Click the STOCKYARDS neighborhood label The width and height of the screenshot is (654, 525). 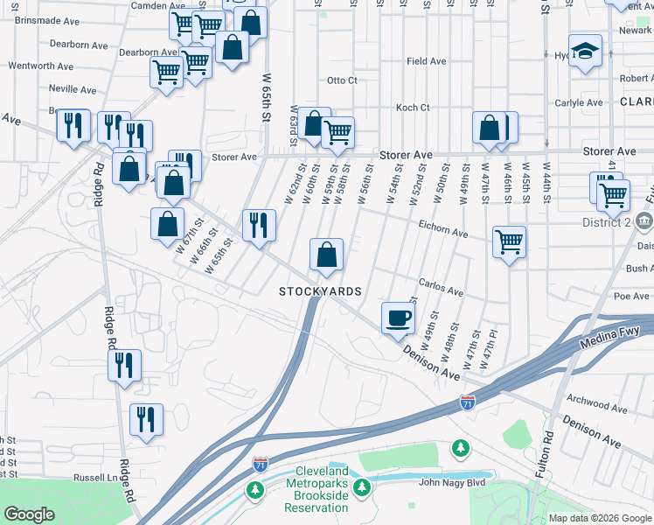(320, 290)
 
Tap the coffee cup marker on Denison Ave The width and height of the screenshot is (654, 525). (398, 316)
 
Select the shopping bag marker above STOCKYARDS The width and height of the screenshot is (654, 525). (326, 255)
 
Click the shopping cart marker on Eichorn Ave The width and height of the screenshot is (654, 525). (509, 241)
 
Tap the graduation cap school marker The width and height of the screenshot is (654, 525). (585, 50)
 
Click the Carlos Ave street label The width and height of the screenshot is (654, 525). (441, 283)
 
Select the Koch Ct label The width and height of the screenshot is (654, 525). (413, 108)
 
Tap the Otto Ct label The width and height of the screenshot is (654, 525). (342, 80)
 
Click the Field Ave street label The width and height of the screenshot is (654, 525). (427, 61)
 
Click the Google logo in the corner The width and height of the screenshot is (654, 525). (29, 514)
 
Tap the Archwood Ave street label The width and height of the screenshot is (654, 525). (597, 408)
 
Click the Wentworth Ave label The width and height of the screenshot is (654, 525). (41, 66)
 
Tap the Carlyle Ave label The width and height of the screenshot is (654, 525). (579, 102)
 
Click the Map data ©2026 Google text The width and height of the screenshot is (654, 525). (599, 518)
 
